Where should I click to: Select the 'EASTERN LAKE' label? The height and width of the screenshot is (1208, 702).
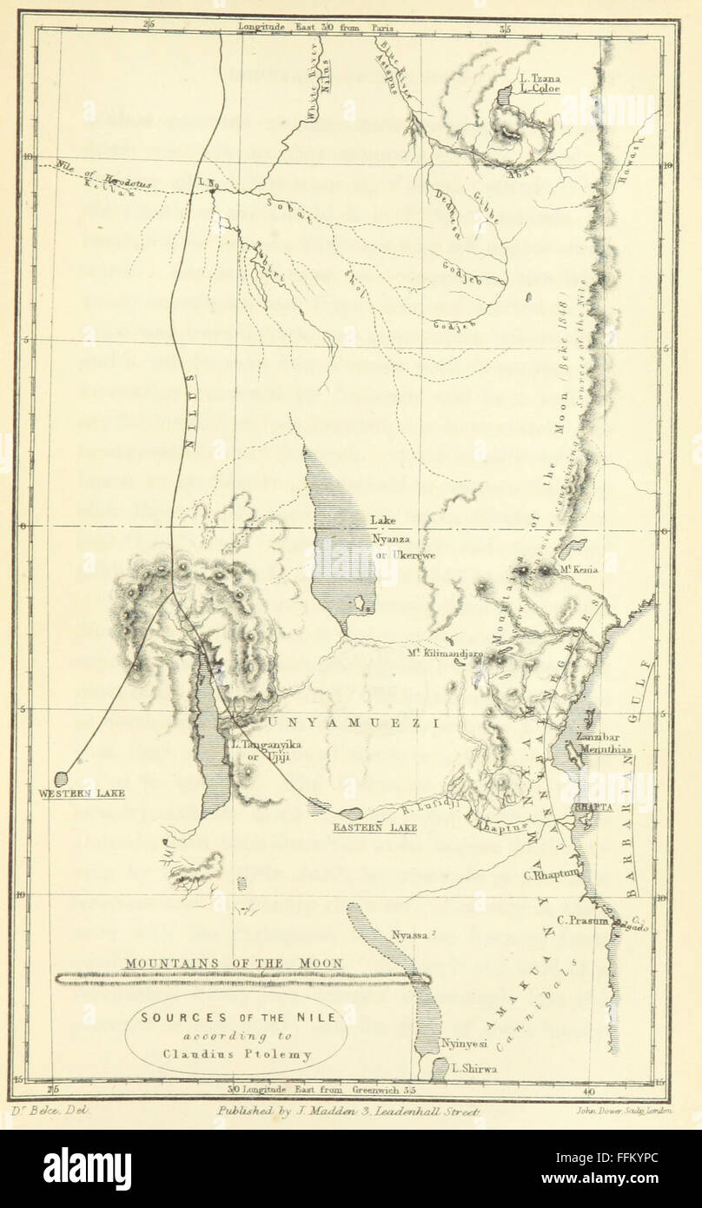point(374,828)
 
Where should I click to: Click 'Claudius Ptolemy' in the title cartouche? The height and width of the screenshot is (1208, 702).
point(236,1056)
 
